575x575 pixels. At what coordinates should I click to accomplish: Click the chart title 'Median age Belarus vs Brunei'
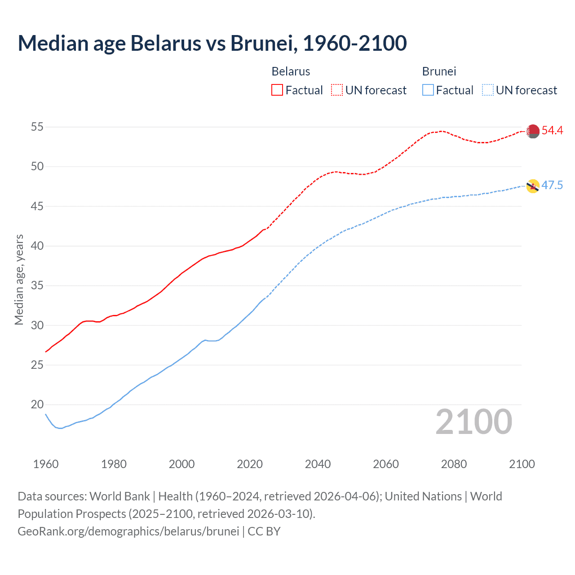(212, 43)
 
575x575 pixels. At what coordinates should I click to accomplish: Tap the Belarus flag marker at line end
(533, 131)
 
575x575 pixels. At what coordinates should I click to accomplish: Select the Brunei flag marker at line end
(533, 186)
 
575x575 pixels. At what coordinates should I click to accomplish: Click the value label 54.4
(552, 131)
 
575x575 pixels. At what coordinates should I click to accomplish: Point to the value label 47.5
(552, 186)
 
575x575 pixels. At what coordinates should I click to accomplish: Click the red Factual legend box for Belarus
(277, 90)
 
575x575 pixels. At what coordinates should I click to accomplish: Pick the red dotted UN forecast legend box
(337, 90)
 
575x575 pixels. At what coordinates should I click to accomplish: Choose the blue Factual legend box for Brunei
(428, 90)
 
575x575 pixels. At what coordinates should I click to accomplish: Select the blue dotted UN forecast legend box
(488, 90)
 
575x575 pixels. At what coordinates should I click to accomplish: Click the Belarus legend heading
(291, 71)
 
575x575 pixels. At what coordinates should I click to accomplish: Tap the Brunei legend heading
(439, 71)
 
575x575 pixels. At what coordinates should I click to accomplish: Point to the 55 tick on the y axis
(37, 127)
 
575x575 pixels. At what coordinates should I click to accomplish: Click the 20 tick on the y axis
(37, 405)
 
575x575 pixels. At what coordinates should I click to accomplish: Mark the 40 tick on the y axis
(37, 246)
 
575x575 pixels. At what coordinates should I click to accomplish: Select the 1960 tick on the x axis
(46, 464)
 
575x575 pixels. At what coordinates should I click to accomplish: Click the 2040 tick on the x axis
(318, 464)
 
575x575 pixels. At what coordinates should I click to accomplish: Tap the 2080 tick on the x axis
(454, 464)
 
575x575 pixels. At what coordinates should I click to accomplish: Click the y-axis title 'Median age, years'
(19, 279)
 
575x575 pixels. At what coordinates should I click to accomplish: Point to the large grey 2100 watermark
(473, 422)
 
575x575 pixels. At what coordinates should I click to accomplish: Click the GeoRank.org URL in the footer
(128, 531)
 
